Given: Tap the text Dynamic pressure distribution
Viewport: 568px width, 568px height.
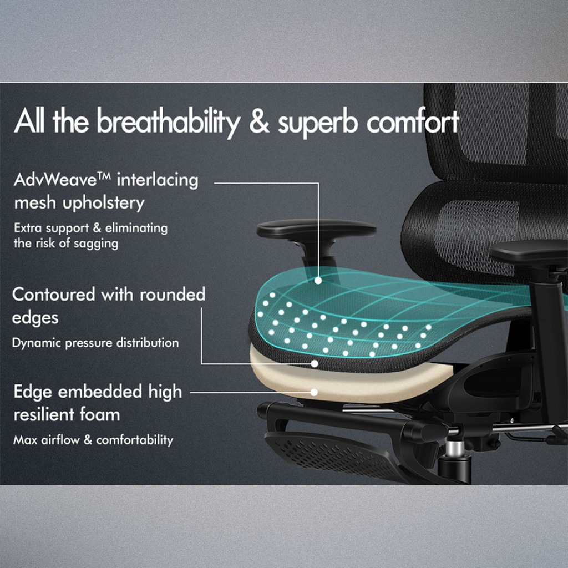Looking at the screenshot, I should tap(95, 343).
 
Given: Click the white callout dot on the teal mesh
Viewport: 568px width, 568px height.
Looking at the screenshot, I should tap(318, 281).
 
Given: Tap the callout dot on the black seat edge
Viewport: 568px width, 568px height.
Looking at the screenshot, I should tap(315, 364).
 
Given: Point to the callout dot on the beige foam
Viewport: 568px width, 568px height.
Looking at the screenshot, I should tap(314, 392).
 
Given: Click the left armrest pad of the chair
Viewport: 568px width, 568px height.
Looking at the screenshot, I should tap(316, 229).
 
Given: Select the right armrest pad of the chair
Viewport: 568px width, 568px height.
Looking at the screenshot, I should tap(527, 251).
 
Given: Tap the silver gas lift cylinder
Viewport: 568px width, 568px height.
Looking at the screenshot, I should tap(455, 447).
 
